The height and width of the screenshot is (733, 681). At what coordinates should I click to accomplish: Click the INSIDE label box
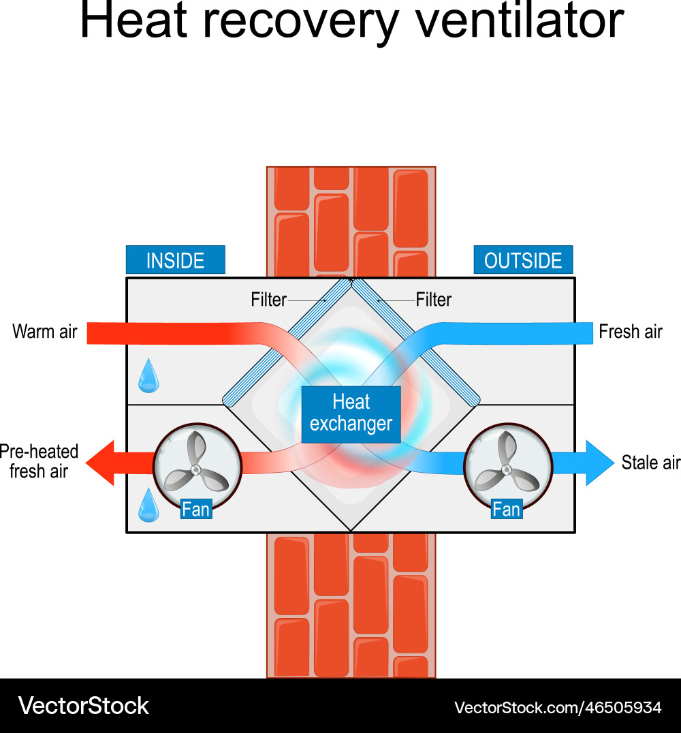pyautogui.click(x=175, y=260)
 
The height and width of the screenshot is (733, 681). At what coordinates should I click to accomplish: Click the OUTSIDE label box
pyautogui.click(x=523, y=260)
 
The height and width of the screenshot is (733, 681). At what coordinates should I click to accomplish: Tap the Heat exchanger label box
pyautogui.click(x=351, y=414)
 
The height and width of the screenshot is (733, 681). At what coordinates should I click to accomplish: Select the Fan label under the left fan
pyautogui.click(x=196, y=510)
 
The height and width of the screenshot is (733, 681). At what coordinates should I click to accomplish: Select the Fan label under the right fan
pyautogui.click(x=506, y=510)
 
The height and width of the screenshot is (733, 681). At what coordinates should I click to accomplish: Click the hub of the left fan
pyautogui.click(x=196, y=469)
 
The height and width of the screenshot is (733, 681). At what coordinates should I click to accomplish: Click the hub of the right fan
pyautogui.click(x=506, y=469)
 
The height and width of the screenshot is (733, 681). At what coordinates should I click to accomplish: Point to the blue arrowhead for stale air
pyautogui.click(x=599, y=463)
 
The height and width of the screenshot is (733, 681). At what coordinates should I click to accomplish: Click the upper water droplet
pyautogui.click(x=148, y=378)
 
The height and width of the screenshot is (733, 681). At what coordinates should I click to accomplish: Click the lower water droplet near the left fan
pyautogui.click(x=148, y=506)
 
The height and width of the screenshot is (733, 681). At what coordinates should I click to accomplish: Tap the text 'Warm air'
pyautogui.click(x=45, y=332)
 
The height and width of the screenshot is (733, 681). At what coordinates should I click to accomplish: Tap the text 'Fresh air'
pyautogui.click(x=631, y=332)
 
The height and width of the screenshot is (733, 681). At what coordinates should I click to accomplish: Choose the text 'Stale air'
pyautogui.click(x=650, y=463)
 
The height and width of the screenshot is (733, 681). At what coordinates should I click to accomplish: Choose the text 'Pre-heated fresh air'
pyautogui.click(x=39, y=461)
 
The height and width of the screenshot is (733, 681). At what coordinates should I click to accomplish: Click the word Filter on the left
pyautogui.click(x=268, y=300)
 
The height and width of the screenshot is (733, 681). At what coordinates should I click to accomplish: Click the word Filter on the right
pyautogui.click(x=434, y=300)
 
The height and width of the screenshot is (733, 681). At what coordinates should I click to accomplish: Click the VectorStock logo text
pyautogui.click(x=83, y=706)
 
